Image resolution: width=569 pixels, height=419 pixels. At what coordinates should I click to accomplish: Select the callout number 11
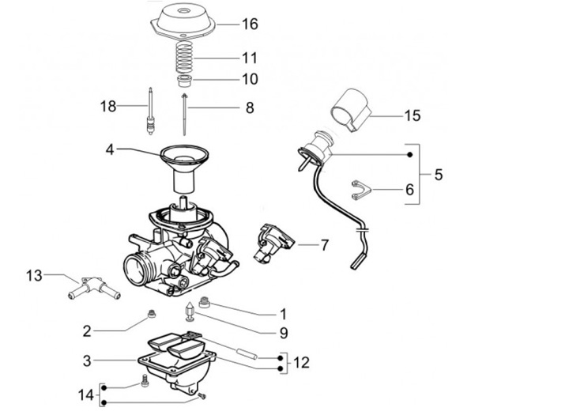click(x=249, y=58)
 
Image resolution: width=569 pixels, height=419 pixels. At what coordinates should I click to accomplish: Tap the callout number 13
click(x=33, y=275)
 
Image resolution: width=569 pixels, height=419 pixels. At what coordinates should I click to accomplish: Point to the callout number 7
click(x=325, y=246)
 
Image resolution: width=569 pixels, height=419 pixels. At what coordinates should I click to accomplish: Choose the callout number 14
click(x=85, y=394)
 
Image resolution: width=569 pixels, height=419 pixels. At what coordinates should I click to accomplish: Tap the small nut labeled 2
click(x=150, y=318)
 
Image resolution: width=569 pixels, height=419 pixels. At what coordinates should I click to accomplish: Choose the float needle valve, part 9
click(x=190, y=311)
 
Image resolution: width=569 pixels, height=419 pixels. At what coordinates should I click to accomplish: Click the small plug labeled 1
click(x=205, y=301)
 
